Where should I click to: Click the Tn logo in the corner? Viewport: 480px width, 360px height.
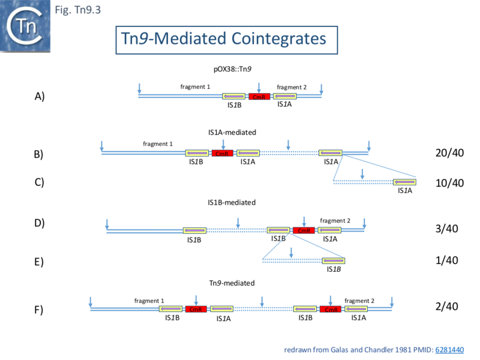(x=25, y=25)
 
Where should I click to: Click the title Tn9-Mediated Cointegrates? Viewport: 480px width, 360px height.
(x=224, y=39)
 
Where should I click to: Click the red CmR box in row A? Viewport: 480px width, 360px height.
(x=259, y=97)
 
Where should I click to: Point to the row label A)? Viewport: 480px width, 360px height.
(x=39, y=97)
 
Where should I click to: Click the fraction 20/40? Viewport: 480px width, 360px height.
(x=450, y=153)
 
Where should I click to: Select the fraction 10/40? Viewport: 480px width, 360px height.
(x=450, y=182)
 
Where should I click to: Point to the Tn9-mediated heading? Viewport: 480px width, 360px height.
(x=232, y=283)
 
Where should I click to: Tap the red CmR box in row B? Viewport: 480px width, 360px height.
(x=222, y=154)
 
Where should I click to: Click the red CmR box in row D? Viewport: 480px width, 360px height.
(x=304, y=230)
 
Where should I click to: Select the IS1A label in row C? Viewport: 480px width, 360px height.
(x=406, y=191)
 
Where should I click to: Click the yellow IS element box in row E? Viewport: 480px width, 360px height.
(x=334, y=261)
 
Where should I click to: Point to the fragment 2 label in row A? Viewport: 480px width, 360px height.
(x=292, y=88)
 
